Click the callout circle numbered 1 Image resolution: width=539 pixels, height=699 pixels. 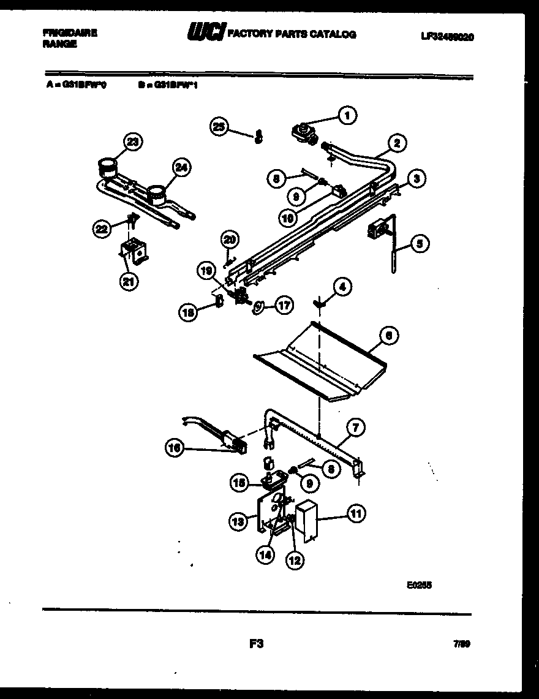tap(347, 115)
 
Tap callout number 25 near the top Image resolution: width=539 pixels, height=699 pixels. tap(219, 127)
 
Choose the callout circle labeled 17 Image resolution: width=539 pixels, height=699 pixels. tap(284, 305)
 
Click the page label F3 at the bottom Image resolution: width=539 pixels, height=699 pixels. tap(256, 644)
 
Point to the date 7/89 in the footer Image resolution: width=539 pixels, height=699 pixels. tap(462, 644)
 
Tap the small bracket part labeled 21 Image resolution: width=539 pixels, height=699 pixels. tap(134, 251)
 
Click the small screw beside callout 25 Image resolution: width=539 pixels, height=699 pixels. tap(258, 135)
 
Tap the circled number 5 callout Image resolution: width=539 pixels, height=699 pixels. tap(419, 244)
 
